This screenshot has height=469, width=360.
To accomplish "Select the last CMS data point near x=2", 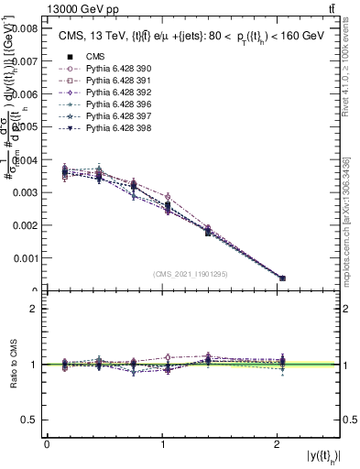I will pos(282,278).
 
